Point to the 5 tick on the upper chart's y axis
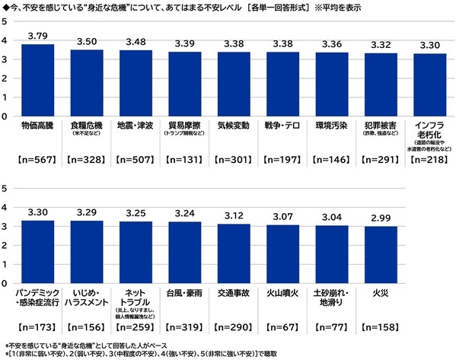[6, 21]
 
